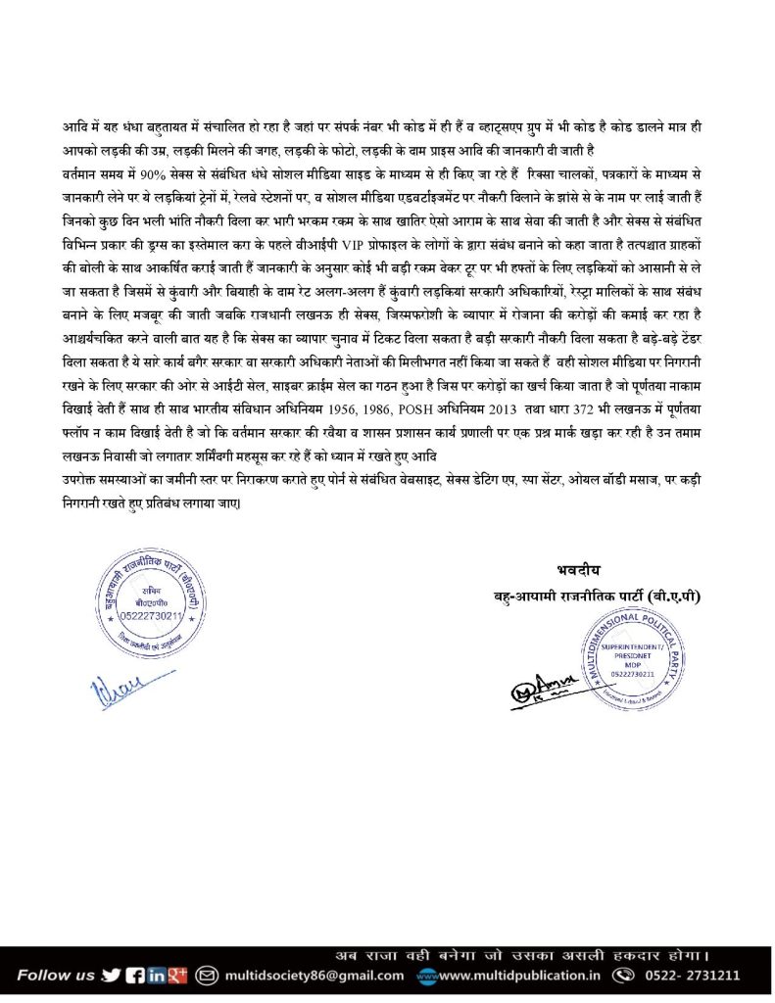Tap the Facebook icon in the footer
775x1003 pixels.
click(135, 975)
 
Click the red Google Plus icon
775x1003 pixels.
click(178, 975)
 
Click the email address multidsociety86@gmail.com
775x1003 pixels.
click(313, 976)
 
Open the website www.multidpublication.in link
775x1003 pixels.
click(518, 976)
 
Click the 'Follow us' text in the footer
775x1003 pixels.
click(55, 975)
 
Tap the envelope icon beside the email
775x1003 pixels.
click(207, 975)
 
